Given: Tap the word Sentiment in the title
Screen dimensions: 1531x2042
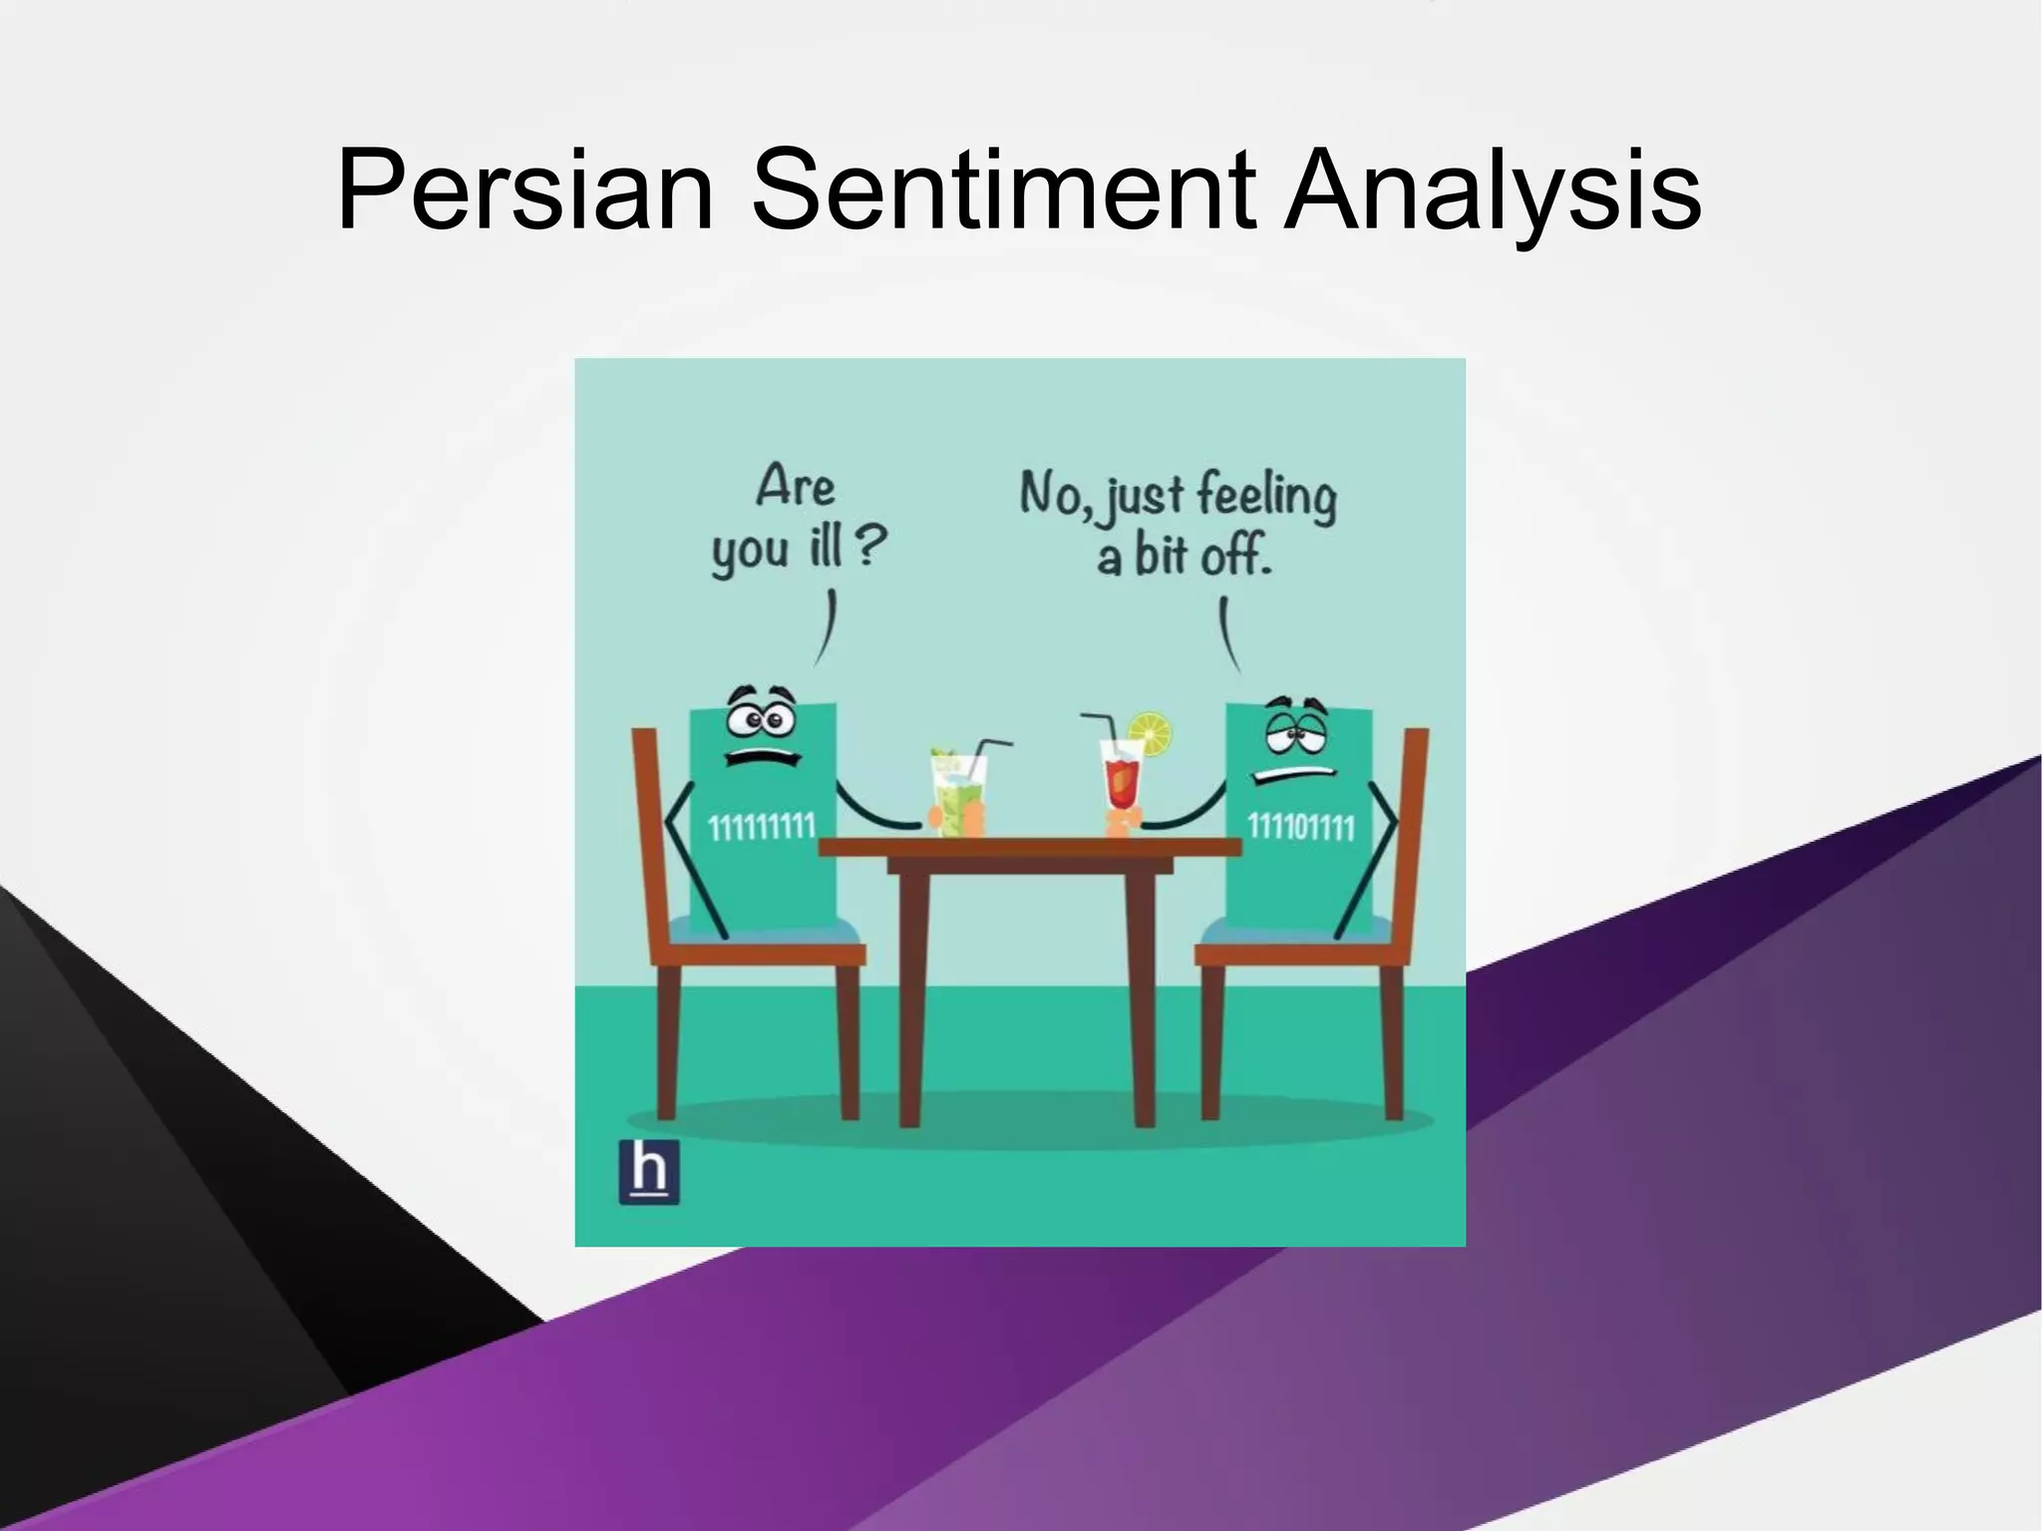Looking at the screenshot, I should pyautogui.click(x=1002, y=190).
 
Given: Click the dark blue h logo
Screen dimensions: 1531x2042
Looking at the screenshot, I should pyautogui.click(x=649, y=1171).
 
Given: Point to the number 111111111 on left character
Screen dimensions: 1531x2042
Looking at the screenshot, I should pyautogui.click(x=762, y=827).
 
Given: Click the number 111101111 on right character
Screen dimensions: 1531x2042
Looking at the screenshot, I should pyautogui.click(x=1301, y=827).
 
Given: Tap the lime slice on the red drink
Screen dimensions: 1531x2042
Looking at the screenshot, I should pyautogui.click(x=1151, y=734).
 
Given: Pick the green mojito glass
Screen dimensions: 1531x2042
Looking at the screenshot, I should pyautogui.click(x=957, y=793).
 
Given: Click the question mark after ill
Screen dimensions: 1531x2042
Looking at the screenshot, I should pyautogui.click(x=870, y=547).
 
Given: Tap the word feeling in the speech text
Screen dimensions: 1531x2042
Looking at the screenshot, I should pyautogui.click(x=1266, y=496).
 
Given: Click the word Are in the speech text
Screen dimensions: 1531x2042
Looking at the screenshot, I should pyautogui.click(x=795, y=487).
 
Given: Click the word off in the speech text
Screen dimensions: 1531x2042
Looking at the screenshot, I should pyautogui.click(x=1236, y=556).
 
